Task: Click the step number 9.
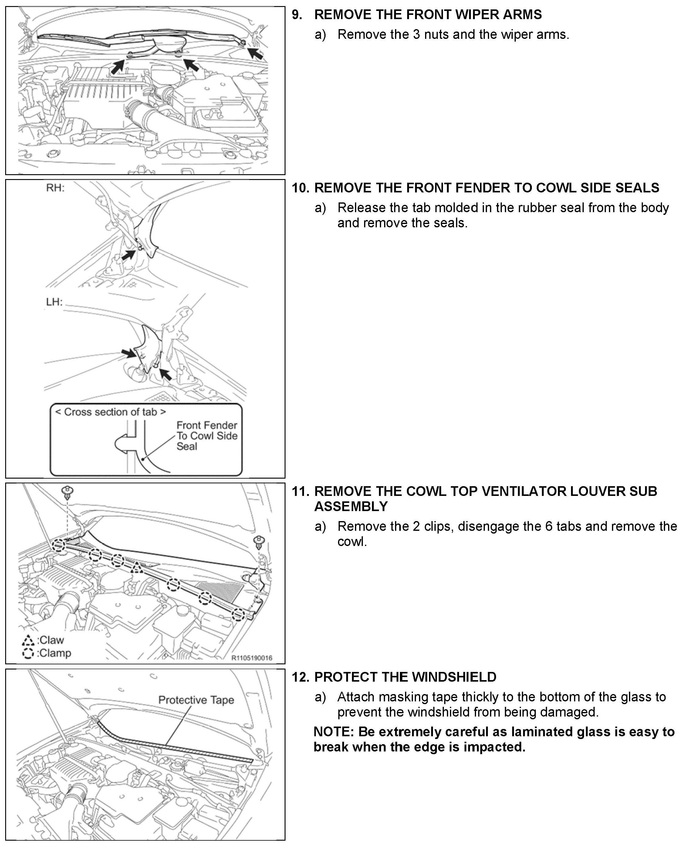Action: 297,15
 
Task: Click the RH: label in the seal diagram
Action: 55,188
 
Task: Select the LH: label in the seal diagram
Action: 54,302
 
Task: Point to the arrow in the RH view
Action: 128,255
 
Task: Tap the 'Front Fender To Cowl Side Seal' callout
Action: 206,436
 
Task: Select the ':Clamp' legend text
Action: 54,653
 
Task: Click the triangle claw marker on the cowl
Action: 137,568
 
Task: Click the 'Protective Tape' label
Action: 196,700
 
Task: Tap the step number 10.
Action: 300,188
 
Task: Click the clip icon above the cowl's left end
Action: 68,493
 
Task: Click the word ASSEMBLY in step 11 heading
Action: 351,507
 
